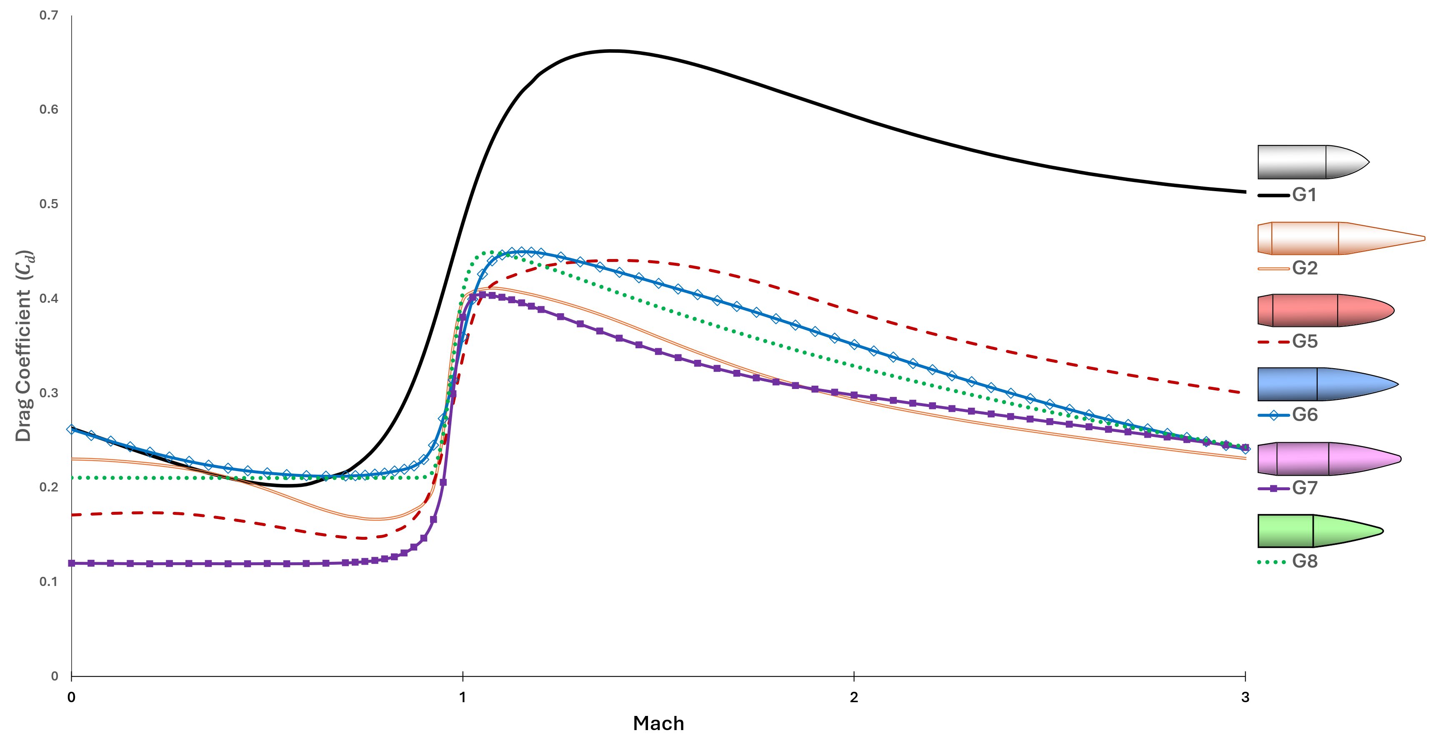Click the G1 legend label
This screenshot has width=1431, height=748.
tap(1304, 195)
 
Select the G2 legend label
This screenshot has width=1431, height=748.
tap(1304, 268)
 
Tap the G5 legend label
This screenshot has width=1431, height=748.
tap(1304, 341)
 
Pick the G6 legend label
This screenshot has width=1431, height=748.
tap(1304, 415)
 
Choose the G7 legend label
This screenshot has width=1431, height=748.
tap(1304, 488)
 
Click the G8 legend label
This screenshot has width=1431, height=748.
tap(1304, 561)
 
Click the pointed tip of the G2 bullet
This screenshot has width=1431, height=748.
tap(1423, 239)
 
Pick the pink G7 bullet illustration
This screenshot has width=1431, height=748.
tap(1328, 459)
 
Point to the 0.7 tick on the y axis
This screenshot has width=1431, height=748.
tap(49, 15)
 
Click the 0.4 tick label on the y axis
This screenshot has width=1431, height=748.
tap(49, 299)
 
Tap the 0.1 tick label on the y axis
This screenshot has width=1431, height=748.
tap(49, 582)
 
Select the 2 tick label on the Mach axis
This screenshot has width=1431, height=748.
tap(854, 698)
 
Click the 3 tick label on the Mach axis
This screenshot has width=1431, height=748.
tap(1245, 698)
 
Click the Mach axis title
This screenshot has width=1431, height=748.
tap(658, 723)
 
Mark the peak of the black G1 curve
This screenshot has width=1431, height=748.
tap(611, 51)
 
